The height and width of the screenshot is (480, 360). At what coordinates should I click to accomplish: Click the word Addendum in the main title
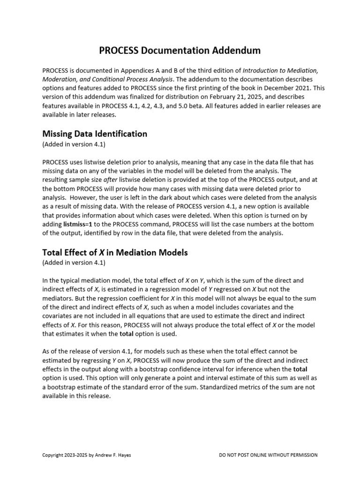[232, 50]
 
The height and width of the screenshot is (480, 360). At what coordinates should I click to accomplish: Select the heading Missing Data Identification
[95, 134]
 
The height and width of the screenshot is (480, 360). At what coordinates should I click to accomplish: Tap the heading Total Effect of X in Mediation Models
[115, 252]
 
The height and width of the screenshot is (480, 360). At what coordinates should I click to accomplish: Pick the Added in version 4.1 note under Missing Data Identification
[74, 144]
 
